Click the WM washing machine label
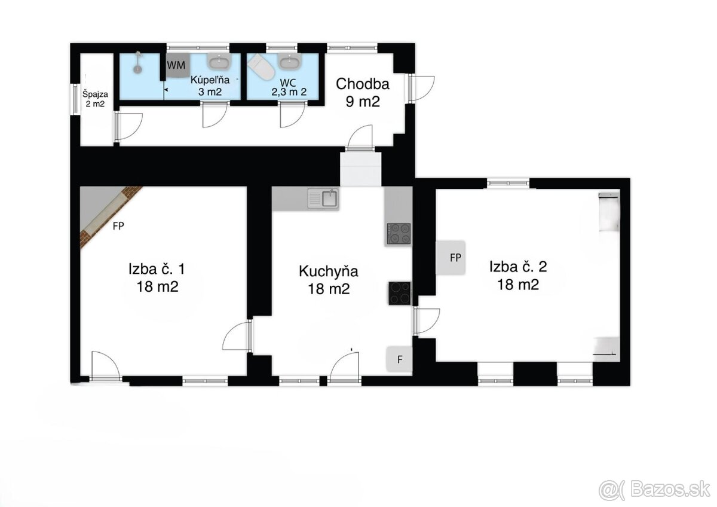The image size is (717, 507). pos(176,65)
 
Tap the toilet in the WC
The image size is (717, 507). pos(262,67)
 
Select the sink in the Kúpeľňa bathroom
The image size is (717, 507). pos(219,61)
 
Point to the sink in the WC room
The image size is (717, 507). pos(289,61)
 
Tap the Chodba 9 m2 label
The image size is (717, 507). pos(363,93)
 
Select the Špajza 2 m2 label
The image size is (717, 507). pos(95,99)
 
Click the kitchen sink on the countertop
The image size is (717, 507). pos(323,198)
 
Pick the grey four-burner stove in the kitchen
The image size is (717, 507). pos(399,234)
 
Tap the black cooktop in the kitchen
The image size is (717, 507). pos(400,293)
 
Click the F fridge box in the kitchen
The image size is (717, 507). pos(399,359)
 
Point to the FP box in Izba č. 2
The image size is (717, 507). pos(451,258)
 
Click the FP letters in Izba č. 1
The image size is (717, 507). pos(118,226)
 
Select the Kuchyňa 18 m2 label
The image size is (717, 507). pos(329,280)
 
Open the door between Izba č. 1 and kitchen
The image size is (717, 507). pos(238,336)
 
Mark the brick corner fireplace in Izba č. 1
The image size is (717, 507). pos(111,218)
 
